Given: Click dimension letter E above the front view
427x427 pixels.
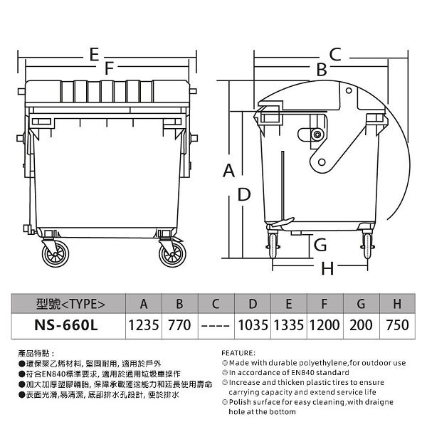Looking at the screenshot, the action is point(94,55).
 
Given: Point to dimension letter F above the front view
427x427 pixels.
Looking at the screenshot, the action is point(109,68).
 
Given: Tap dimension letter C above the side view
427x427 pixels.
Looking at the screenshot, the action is point(335,54).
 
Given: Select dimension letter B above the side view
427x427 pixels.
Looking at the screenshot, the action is point(322,70).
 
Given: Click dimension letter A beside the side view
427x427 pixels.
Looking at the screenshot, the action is point(228,171).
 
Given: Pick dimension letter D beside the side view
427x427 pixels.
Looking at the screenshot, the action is point(244,194).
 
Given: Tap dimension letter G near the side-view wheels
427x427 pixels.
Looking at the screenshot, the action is point(320,245).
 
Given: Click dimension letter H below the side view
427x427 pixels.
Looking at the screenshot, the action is point(327,268).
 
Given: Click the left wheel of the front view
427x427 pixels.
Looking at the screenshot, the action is point(56,254).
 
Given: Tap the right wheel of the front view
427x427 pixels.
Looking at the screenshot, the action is point(172,254).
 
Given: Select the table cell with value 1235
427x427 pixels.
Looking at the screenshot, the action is point(144,325).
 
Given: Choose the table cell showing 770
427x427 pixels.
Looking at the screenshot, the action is point(179,325).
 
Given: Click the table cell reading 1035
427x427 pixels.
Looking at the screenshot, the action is point(253,325).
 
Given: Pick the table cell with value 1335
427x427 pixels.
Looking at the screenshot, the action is point(289,325).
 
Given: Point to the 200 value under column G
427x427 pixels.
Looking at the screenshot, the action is point(361,325).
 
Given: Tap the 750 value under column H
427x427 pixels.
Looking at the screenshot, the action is point(397,325).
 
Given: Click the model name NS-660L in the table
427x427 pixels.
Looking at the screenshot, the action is point(66,325).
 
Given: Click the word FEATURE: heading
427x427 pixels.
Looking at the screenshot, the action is point(238,353).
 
